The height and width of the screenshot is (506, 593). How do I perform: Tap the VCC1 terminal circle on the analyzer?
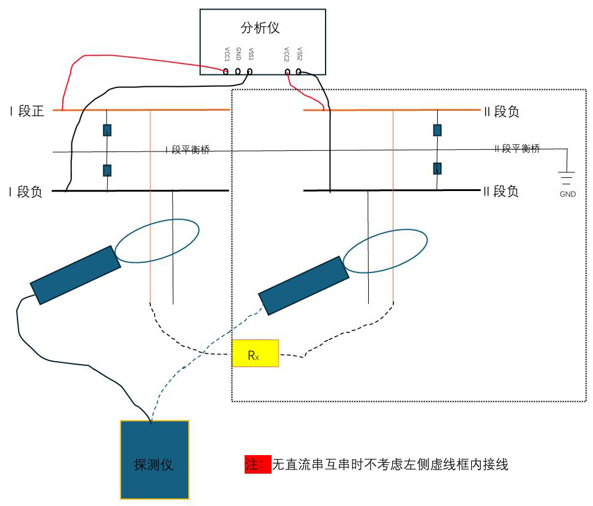pos(226,72)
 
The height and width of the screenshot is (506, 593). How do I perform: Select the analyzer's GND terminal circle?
pos(238,72)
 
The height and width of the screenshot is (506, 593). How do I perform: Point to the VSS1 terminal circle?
pos(249,72)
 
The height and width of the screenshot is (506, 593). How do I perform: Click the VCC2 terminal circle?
pos(288,72)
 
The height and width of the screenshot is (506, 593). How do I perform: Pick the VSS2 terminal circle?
pos(299,72)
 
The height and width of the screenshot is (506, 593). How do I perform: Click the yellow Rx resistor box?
pos(255,353)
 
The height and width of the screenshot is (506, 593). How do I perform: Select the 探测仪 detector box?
pos(155,459)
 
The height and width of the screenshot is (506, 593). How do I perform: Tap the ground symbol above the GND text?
pos(567,177)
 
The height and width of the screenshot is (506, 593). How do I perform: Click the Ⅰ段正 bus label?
pos(27,111)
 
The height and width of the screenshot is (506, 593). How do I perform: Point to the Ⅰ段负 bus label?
pos(26,192)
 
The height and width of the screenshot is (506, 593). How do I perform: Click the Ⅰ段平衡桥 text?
pos(188,150)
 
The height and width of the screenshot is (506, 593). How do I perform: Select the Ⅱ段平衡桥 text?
pos(516,149)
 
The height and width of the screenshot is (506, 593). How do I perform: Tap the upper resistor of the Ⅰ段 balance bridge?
pos(107,130)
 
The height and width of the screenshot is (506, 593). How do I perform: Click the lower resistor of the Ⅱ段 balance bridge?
pos(437,168)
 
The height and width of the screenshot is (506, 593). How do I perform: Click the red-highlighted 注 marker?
pos(258,464)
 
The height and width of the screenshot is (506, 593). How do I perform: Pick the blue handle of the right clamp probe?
pos(304,285)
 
